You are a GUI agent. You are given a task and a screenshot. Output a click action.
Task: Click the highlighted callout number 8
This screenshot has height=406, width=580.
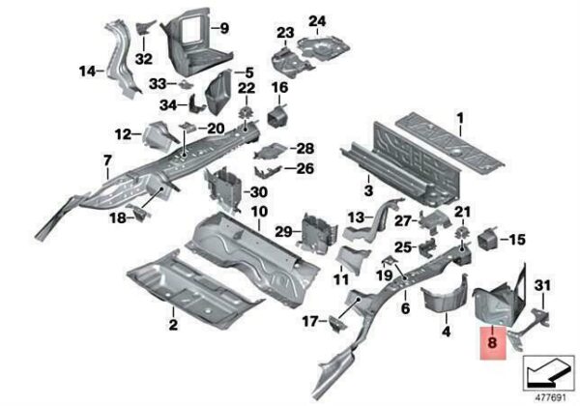[x=492, y=342]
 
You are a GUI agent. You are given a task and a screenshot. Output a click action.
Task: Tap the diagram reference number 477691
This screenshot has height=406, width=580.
[x=551, y=398]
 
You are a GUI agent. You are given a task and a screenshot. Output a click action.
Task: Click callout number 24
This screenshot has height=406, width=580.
[x=317, y=21]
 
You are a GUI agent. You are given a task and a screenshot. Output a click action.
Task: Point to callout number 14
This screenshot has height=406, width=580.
[x=87, y=71]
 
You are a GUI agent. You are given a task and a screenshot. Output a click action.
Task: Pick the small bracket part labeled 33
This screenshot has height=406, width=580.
[x=186, y=85]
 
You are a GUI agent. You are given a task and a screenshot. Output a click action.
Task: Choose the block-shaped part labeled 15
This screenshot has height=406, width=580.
[x=488, y=239]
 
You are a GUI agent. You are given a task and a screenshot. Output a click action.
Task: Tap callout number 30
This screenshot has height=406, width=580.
[x=258, y=192]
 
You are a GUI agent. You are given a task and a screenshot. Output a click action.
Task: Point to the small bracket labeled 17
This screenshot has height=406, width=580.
[x=338, y=324]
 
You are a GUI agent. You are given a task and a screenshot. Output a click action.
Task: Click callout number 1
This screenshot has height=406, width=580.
[x=460, y=119]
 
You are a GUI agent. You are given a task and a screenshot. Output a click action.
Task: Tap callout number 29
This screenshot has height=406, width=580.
[x=283, y=232]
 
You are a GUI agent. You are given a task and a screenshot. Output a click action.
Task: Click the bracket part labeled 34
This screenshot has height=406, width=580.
[x=197, y=104]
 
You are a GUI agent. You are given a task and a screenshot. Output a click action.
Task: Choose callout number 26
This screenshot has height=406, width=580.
[x=305, y=168]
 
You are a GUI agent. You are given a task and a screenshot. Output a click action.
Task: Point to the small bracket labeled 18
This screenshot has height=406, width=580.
[x=139, y=212]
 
